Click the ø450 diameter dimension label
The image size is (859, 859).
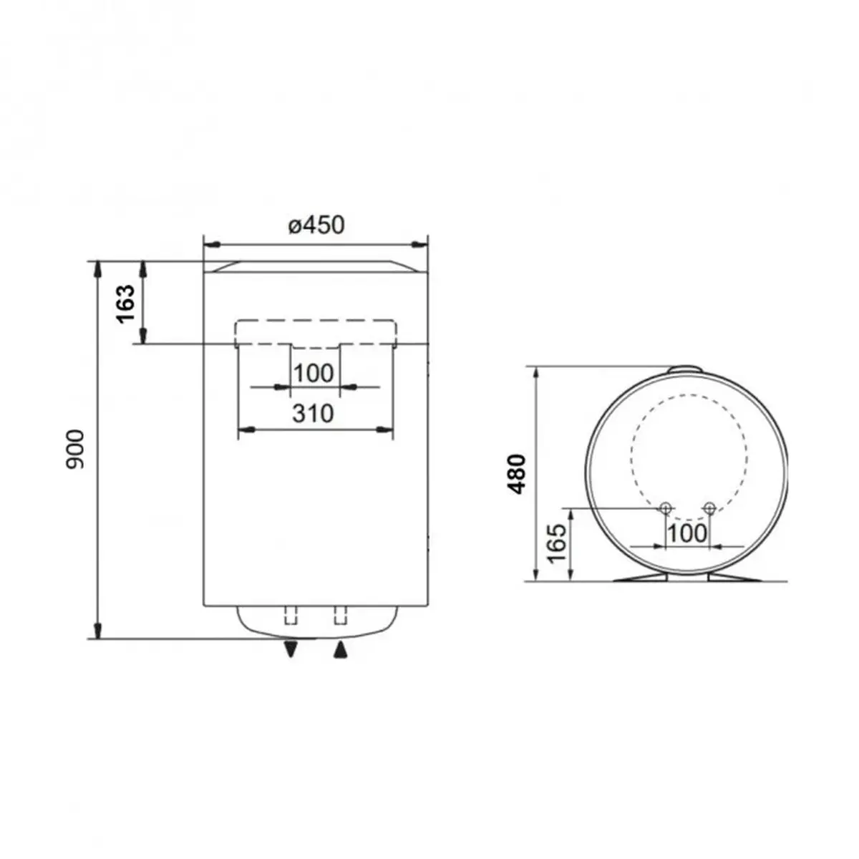tap(316, 225)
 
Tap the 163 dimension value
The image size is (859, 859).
tap(125, 304)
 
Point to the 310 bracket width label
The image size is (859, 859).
tap(313, 413)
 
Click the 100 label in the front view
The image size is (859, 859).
tap(314, 373)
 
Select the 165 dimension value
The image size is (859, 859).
tap(558, 543)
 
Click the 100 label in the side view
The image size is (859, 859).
tap(688, 533)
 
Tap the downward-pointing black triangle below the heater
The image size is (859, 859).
tap(291, 649)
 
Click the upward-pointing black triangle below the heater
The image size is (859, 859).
tap(340, 649)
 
